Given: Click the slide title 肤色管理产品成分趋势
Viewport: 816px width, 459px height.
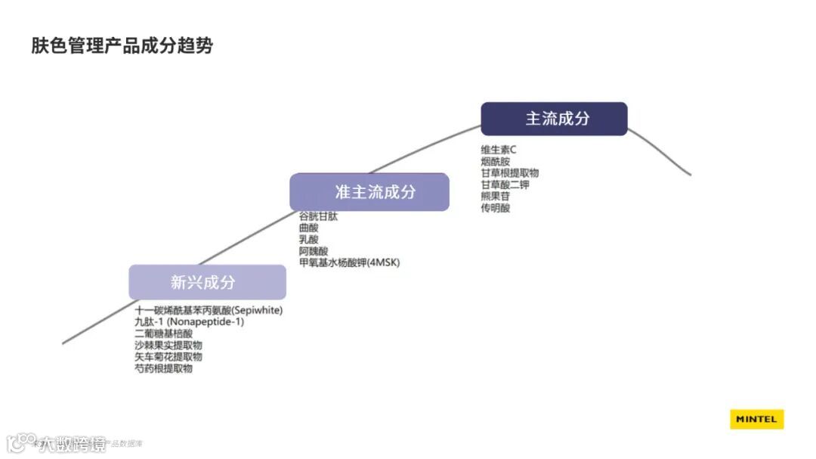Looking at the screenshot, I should pyautogui.click(x=122, y=46).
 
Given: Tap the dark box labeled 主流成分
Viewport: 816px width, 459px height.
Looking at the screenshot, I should pyautogui.click(x=554, y=119).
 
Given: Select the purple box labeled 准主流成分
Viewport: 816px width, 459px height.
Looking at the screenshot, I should pyautogui.click(x=369, y=192).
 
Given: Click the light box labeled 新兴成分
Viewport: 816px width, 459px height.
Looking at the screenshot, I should pyautogui.click(x=207, y=282).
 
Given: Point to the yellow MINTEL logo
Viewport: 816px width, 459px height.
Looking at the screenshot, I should pyautogui.click(x=756, y=420).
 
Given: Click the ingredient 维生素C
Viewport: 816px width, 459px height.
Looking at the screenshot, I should pyautogui.click(x=499, y=150).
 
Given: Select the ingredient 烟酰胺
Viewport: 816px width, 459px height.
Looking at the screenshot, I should pyautogui.click(x=495, y=161).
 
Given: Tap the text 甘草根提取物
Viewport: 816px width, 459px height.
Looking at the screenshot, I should pyautogui.click(x=509, y=173).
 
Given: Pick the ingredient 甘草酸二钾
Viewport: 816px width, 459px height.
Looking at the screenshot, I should pyautogui.click(x=505, y=185).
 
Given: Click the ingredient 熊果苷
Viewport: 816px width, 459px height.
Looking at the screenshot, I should pyautogui.click(x=495, y=196).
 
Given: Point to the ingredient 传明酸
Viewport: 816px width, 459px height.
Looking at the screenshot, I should pyautogui.click(x=495, y=207).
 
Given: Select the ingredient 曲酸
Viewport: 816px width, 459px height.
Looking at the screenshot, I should pyautogui.click(x=308, y=228).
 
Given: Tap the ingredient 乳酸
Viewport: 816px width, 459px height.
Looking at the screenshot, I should pyautogui.click(x=308, y=239).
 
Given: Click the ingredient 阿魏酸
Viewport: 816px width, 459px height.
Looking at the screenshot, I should pyautogui.click(x=314, y=251).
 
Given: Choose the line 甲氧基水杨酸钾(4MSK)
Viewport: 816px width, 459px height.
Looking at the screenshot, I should pyautogui.click(x=349, y=262).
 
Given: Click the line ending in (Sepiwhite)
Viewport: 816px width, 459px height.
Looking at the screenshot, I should pyautogui.click(x=209, y=310).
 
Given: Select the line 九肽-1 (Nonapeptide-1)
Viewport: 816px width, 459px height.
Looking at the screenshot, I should pyautogui.click(x=189, y=321).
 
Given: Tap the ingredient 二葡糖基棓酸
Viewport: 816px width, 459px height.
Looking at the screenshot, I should pyautogui.click(x=163, y=333).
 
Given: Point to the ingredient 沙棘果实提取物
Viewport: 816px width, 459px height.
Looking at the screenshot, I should pyautogui.click(x=168, y=345).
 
